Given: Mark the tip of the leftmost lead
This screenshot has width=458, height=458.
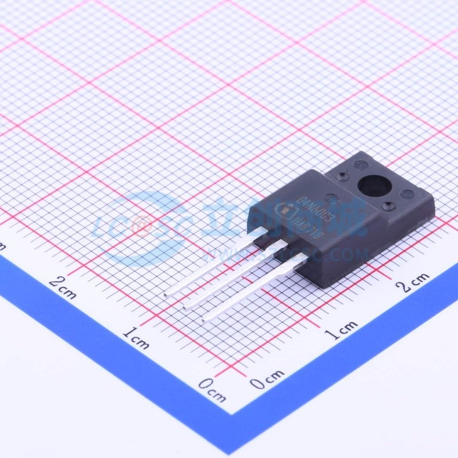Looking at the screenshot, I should [x=165, y=294].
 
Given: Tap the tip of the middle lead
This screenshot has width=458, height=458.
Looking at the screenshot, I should [x=185, y=308].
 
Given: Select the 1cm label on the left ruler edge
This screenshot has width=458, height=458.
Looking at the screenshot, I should [x=136, y=338].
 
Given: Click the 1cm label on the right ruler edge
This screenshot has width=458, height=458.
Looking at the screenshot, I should [x=343, y=330].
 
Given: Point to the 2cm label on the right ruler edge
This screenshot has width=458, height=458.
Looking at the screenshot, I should [x=415, y=282].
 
